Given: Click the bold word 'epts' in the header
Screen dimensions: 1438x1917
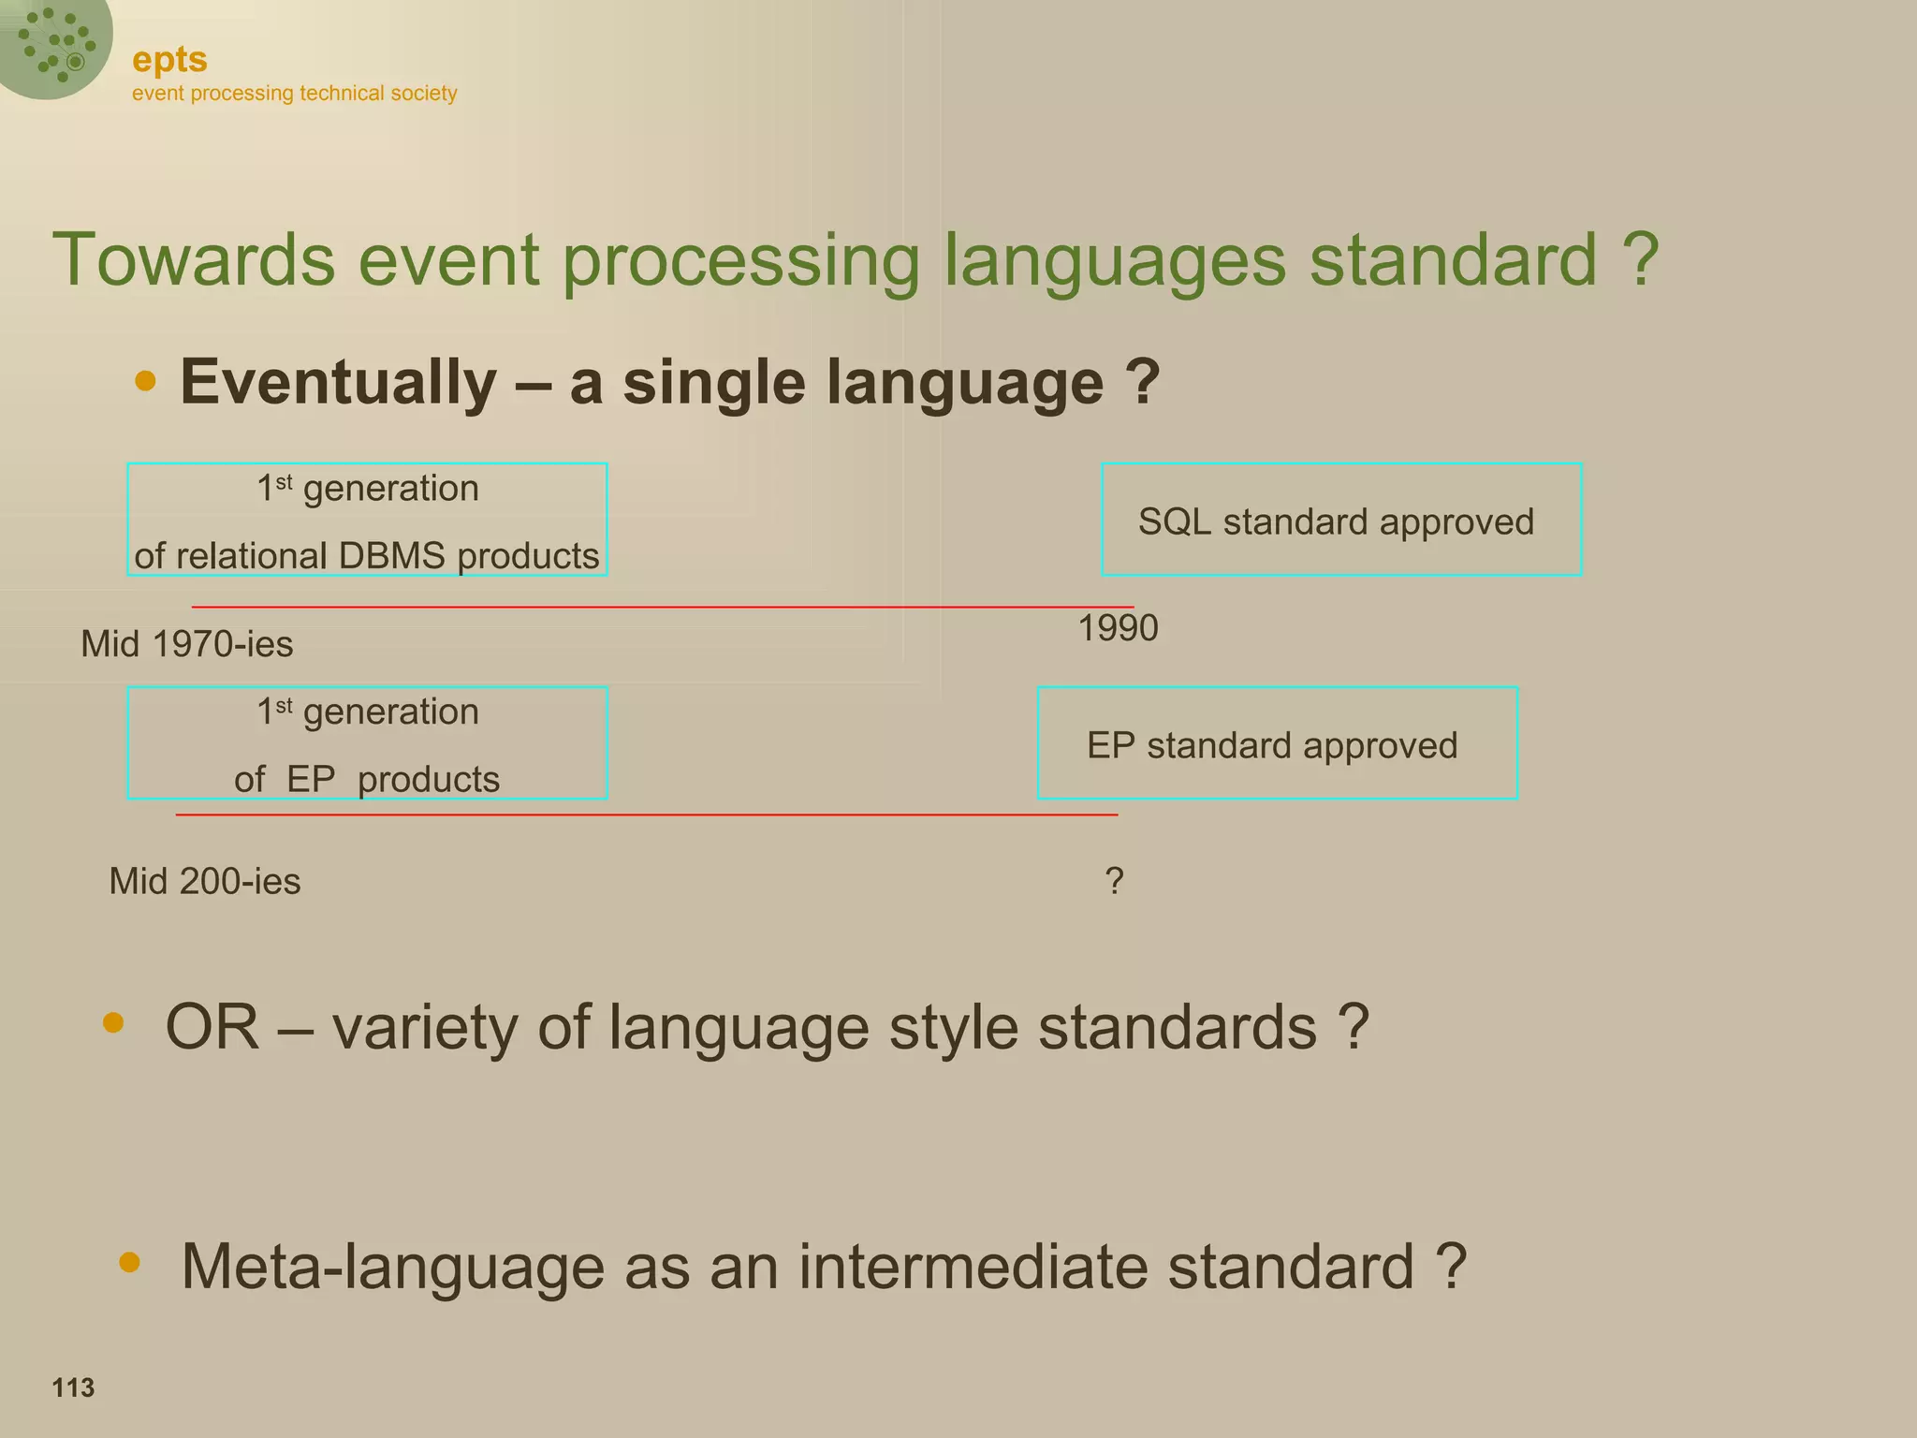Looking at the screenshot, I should click(x=169, y=60).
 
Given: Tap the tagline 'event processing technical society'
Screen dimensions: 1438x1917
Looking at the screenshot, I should click(x=294, y=94).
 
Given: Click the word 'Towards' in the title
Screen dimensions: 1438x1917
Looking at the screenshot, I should click(x=193, y=260).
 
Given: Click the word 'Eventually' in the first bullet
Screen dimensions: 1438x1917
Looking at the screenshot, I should click(x=338, y=383).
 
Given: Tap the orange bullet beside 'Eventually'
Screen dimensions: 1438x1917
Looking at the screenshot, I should click(x=145, y=380).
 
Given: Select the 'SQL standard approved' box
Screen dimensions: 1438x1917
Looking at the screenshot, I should click(x=1340, y=521).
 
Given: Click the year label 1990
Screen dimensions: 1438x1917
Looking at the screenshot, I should click(x=1118, y=628).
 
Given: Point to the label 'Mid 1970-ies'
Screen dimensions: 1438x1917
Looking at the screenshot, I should click(x=187, y=644).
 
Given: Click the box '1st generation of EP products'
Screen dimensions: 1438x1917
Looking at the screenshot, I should click(x=367, y=744).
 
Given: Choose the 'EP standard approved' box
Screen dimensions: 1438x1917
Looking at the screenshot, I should click(x=1277, y=744).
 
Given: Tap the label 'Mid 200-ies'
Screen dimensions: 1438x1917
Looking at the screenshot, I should click(x=205, y=882).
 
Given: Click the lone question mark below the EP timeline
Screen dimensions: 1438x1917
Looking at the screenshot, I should click(x=1114, y=882).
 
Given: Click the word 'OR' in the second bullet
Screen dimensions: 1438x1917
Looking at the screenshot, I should click(x=212, y=1028).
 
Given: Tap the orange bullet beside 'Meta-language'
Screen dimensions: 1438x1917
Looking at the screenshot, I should click(x=130, y=1263).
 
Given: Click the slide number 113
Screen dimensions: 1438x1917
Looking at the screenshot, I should click(x=73, y=1387).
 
